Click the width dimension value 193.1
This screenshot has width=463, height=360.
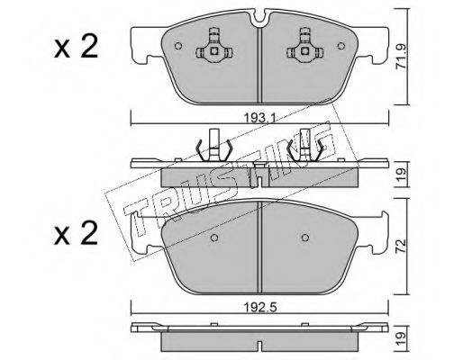coord(259,119)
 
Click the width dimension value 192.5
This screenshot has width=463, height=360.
coord(259,307)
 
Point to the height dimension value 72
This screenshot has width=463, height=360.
coord(402,246)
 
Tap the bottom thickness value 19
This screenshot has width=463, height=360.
coord(402,338)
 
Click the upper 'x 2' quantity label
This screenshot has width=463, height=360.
coord(76,47)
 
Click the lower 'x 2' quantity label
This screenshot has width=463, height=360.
coord(76,234)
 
